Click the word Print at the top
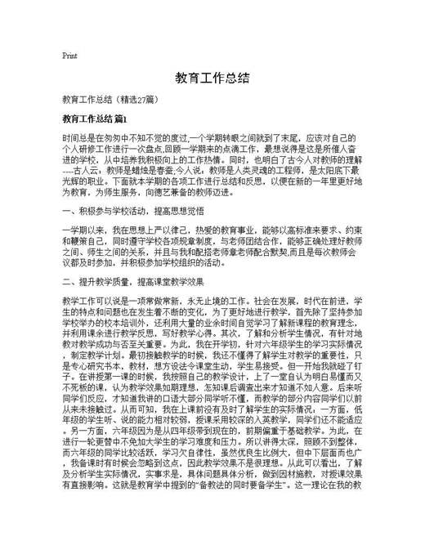(x=69, y=56)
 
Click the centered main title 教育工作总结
(x=212, y=78)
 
